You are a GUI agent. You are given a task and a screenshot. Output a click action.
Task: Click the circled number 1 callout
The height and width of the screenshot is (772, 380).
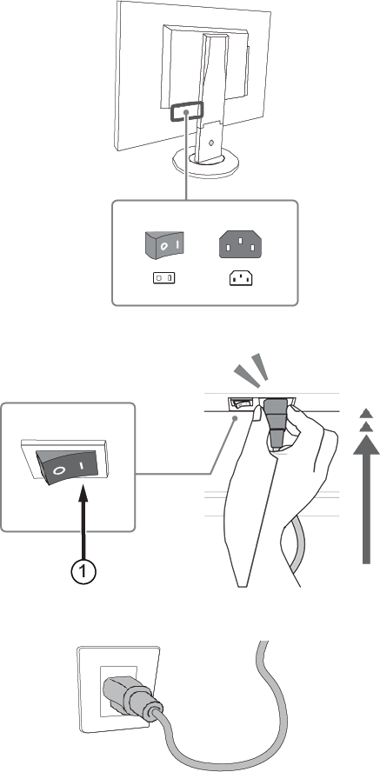pos(83,571)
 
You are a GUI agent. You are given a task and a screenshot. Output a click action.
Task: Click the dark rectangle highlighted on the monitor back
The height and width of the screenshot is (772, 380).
pos(187,112)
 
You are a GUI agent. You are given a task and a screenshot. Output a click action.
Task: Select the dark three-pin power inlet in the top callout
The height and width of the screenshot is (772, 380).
pos(240,245)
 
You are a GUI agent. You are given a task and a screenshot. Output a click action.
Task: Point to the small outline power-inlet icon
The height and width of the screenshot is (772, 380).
pos(241,279)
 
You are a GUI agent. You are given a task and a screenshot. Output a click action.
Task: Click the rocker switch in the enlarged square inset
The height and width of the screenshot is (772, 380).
pos(69,464)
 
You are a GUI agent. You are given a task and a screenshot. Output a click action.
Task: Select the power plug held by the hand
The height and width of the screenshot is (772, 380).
pos(276,423)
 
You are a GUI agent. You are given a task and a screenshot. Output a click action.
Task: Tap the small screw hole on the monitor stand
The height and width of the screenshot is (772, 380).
pos(210,143)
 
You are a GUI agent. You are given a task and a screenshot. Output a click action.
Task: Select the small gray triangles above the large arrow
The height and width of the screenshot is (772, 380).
pos(365,421)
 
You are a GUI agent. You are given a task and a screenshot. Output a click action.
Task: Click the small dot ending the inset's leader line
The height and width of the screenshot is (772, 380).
pos(237,417)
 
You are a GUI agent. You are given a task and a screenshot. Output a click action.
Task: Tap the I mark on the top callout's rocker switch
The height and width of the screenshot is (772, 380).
pos(178,244)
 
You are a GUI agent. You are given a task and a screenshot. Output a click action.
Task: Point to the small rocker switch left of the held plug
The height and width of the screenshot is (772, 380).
pos(241,403)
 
